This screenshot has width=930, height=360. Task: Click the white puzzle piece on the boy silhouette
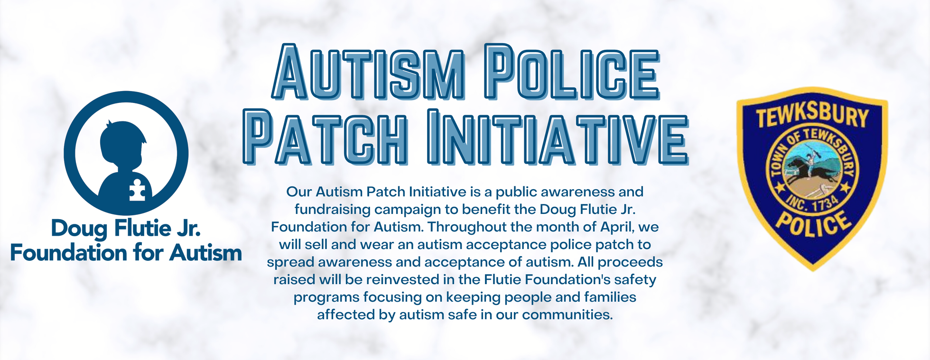coord(138,190)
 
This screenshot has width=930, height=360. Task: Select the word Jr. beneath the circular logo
coord(189,228)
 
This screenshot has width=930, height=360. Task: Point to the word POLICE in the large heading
coord(572,72)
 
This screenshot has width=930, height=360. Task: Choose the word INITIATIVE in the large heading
coord(558,137)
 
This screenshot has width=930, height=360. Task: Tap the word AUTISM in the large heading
coord(368,72)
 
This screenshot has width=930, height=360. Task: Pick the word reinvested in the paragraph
coord(403,279)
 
